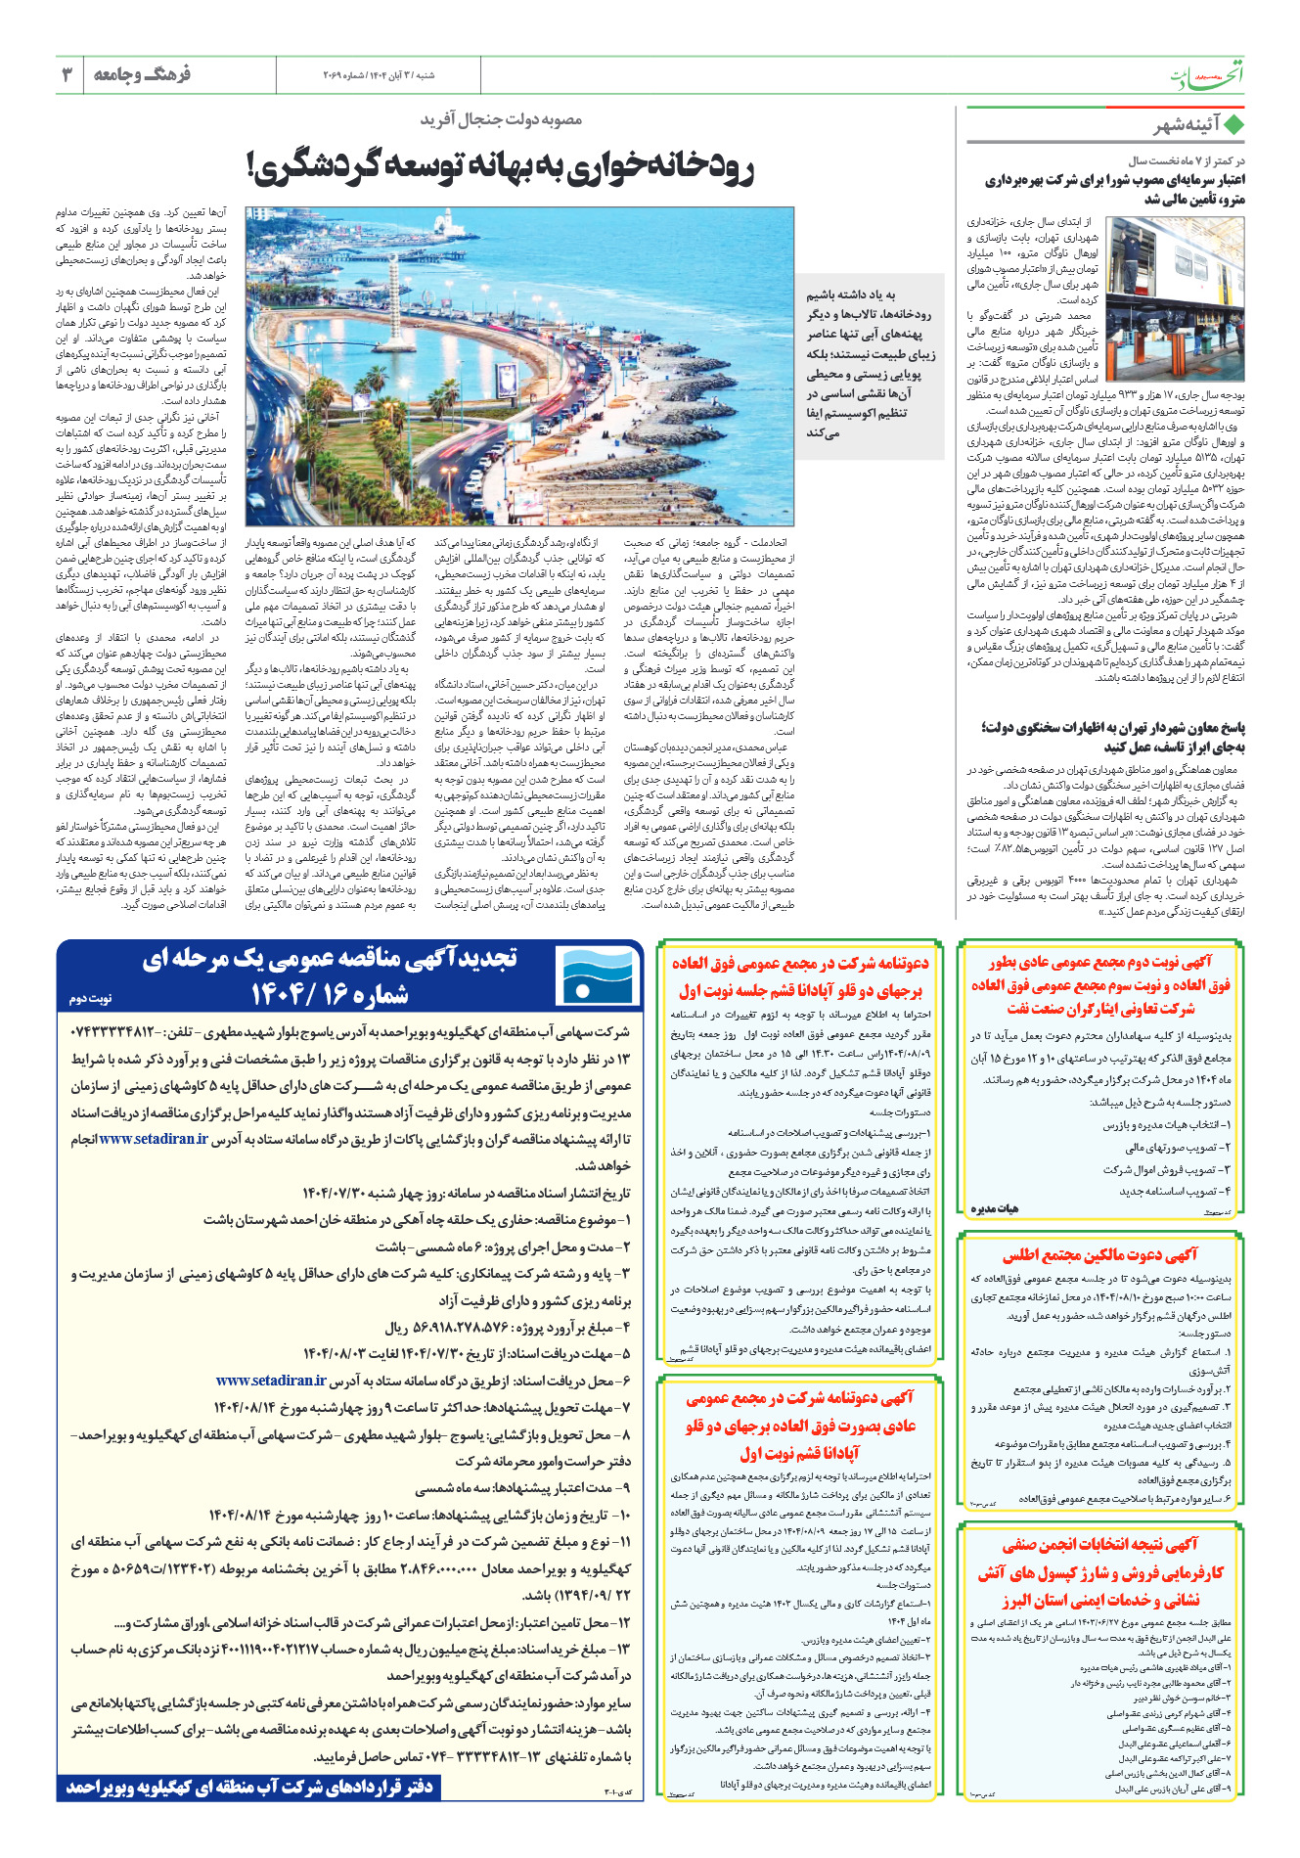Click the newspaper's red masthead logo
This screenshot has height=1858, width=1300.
click(x=1214, y=73)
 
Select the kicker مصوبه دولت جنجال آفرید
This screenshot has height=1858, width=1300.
click(x=501, y=119)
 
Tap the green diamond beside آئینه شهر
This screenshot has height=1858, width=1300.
click(x=1234, y=125)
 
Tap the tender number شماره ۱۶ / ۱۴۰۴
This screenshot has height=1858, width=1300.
click(x=329, y=995)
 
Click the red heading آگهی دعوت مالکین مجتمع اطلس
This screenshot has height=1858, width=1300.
click(x=1099, y=1255)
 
